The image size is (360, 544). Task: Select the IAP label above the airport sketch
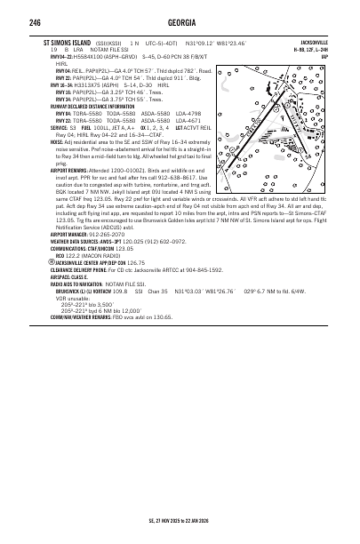pyautogui.click(x=325, y=53)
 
